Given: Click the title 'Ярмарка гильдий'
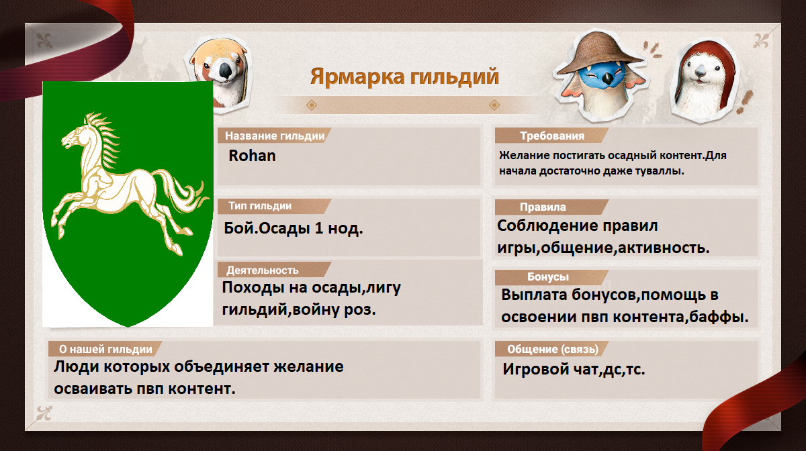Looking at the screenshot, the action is tap(404, 77).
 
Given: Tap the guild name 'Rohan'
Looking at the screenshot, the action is tap(252, 156).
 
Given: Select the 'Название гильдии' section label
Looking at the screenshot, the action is tap(275, 136).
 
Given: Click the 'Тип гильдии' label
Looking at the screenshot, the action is tap(260, 206).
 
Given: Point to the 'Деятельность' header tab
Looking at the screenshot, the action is tap(263, 270).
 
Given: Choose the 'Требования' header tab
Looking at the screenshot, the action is tap(552, 136).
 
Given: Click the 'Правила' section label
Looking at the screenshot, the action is tap(543, 207).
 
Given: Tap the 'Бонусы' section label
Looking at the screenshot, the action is tap(547, 277).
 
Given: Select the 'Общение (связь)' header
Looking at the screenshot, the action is tap(553, 349).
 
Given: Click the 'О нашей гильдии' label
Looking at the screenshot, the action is tap(105, 349).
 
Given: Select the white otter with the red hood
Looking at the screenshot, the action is tap(703, 81).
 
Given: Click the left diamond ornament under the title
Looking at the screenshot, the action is tap(312, 105).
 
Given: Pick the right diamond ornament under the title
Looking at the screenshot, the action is tap(494, 105).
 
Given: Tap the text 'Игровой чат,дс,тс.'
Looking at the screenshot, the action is tap(574, 369).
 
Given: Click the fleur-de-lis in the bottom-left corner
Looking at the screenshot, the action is tap(44, 413).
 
